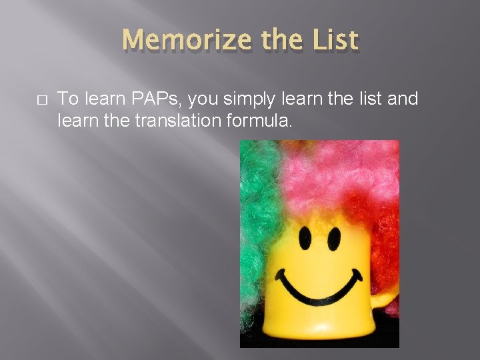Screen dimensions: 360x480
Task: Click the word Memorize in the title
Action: click(183, 41)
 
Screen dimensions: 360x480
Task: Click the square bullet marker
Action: click(41, 100)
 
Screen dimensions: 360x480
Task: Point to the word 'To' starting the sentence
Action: click(67, 99)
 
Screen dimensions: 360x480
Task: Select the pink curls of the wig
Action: click(327, 173)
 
